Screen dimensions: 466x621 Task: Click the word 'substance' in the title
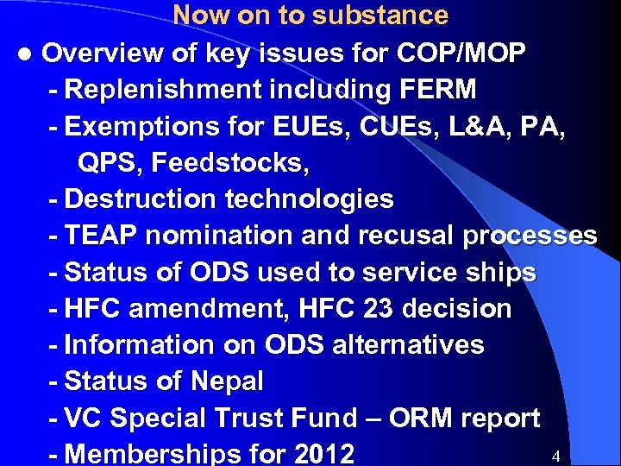pyautogui.click(x=380, y=16)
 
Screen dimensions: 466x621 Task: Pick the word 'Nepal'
pyautogui.click(x=226, y=381)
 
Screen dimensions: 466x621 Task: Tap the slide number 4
pyautogui.click(x=555, y=455)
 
